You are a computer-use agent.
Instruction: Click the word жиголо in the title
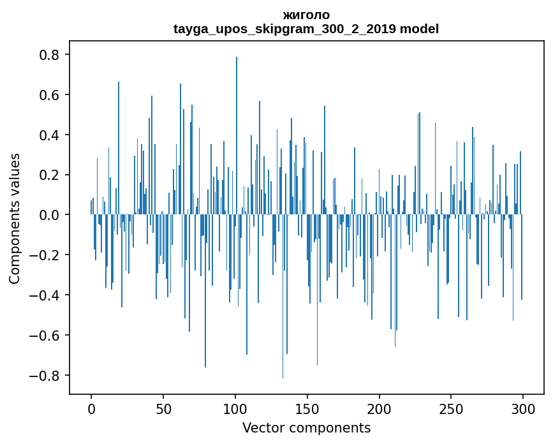coord(306,15)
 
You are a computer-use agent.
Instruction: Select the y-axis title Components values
coord(15,218)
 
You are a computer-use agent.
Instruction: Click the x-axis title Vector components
coord(306,427)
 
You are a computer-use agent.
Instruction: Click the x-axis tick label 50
coord(163,408)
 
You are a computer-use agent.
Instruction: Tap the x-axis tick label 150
coord(307,408)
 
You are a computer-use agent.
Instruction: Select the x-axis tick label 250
coord(451,408)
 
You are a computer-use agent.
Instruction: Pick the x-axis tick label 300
coord(523,408)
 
